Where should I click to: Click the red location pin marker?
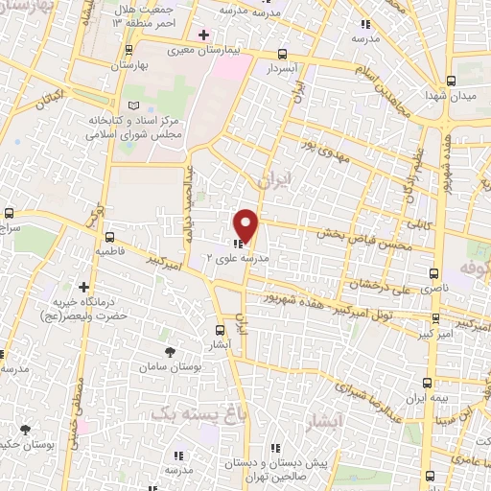246,224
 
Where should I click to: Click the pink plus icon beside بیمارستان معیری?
203,35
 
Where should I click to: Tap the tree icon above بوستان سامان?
171,352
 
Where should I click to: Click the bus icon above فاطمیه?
109,236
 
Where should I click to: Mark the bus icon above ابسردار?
281,55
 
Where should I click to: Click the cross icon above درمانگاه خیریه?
84,286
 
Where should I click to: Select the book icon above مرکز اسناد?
133,104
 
